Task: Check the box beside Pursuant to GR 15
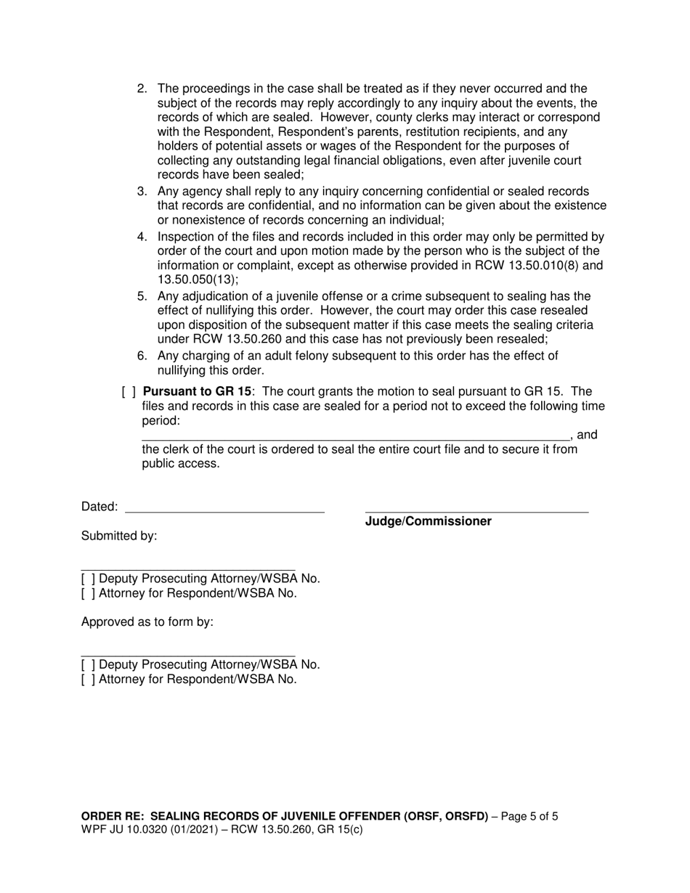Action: tap(128, 392)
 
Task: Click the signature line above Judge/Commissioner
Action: tap(476, 507)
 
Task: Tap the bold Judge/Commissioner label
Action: tap(428, 521)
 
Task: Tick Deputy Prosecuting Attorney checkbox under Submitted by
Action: tap(88, 579)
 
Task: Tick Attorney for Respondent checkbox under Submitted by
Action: tap(88, 593)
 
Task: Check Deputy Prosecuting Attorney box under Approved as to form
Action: tap(88, 664)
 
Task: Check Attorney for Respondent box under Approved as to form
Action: tap(88, 680)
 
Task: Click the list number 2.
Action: tap(142, 89)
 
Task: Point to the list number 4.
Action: tap(142, 237)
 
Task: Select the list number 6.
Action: tap(142, 356)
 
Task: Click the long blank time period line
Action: tap(355, 436)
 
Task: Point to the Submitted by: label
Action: tap(118, 536)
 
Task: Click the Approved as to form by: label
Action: tap(147, 622)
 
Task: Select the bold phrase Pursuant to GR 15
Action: tap(197, 392)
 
